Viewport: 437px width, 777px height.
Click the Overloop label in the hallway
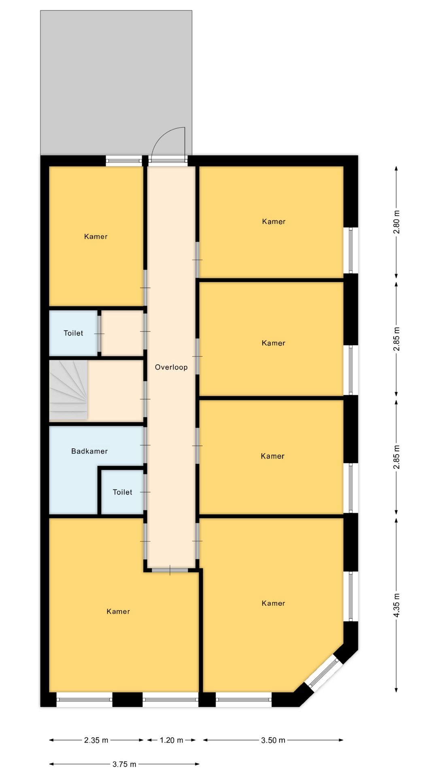click(171, 367)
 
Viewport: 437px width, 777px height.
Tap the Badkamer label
click(89, 451)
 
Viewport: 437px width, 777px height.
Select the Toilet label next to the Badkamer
click(123, 492)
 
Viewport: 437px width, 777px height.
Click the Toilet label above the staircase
click(73, 333)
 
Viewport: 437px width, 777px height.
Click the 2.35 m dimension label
click(96, 740)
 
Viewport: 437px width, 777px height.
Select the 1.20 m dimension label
click(172, 740)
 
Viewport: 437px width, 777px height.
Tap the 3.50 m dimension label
click(273, 740)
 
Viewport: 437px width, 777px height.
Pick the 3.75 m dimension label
click(124, 764)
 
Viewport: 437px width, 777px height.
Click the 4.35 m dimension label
click(397, 605)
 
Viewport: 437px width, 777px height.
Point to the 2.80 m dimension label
click(397, 222)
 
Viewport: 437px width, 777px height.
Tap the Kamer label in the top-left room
click(96, 237)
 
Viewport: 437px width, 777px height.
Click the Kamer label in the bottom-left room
click(118, 611)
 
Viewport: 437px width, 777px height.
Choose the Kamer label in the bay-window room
click(274, 603)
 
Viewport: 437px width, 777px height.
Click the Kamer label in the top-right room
click(274, 221)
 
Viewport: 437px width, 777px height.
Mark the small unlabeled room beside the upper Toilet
click(122, 333)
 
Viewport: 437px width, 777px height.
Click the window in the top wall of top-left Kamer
click(124, 161)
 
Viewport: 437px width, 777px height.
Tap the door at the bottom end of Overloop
click(170, 570)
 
